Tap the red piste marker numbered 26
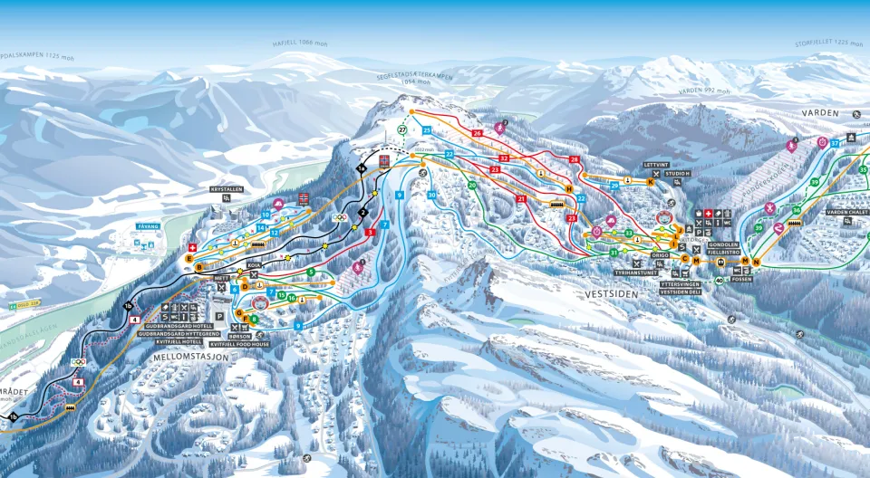pyautogui.click(x=477, y=133)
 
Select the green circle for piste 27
pyautogui.click(x=402, y=129)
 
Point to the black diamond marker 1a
pyautogui.click(x=361, y=168)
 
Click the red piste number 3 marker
pyautogui.click(x=370, y=233)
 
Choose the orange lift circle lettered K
pyautogui.click(x=651, y=181)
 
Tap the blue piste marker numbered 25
pyautogui.click(x=426, y=130)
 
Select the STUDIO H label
pyautogui.click(x=677, y=173)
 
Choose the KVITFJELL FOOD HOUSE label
pyautogui.click(x=240, y=344)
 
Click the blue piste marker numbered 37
pyautogui.click(x=834, y=144)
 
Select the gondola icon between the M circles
pyautogui.click(x=720, y=262)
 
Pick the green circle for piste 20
pyautogui.click(x=471, y=186)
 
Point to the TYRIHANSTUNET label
pyautogui.click(x=635, y=272)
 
